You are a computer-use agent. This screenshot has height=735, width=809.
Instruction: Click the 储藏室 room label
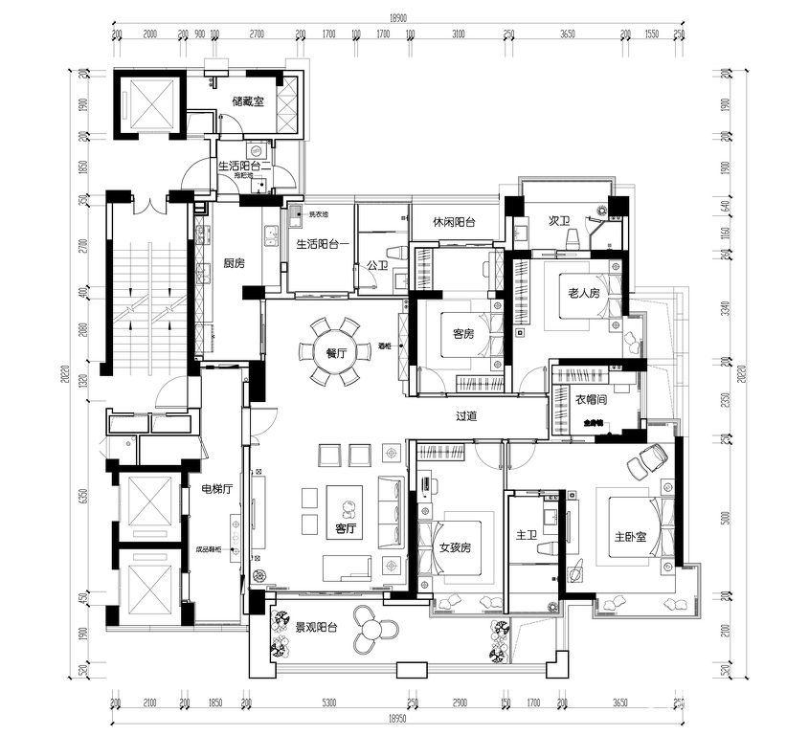click(248, 100)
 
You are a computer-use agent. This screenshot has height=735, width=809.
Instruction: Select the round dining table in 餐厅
click(335, 353)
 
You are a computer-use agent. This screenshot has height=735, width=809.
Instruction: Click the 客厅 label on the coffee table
click(346, 527)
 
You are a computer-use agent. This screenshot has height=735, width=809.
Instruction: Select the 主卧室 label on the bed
click(630, 537)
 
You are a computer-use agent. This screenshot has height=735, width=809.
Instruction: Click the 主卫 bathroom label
click(527, 536)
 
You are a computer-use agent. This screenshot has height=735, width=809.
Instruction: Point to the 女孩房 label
click(455, 548)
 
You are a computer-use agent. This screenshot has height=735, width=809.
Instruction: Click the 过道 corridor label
click(466, 415)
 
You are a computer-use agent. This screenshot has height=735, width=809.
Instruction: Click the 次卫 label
click(560, 222)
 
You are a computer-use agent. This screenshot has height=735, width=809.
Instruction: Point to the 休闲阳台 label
click(454, 221)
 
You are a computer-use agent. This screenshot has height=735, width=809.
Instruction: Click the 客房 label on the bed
click(463, 334)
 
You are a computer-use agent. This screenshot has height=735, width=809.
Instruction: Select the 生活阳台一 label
click(323, 244)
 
